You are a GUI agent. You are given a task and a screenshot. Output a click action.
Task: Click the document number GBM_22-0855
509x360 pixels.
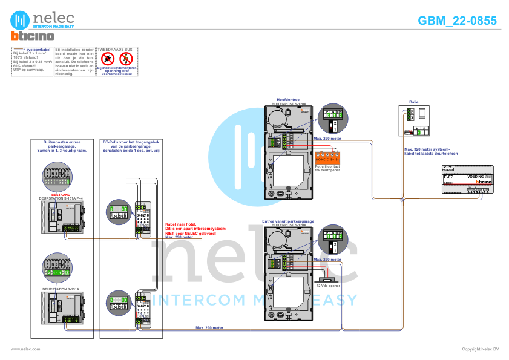457,21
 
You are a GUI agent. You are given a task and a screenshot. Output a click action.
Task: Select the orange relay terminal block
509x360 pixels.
326,158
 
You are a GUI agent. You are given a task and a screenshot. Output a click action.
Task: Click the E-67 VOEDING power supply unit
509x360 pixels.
467,179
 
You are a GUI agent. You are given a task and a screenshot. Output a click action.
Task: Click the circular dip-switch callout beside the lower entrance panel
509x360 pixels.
333,241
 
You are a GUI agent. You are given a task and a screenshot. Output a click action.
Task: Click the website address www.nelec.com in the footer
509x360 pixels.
25,349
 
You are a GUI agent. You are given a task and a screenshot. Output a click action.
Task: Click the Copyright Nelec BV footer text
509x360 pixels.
480,349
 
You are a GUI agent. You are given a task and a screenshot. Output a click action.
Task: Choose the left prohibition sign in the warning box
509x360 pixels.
108,59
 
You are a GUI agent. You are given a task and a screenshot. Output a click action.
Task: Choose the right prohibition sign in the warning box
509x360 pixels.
126,59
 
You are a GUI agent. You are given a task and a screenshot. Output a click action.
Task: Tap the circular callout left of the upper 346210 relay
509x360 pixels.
118,211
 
